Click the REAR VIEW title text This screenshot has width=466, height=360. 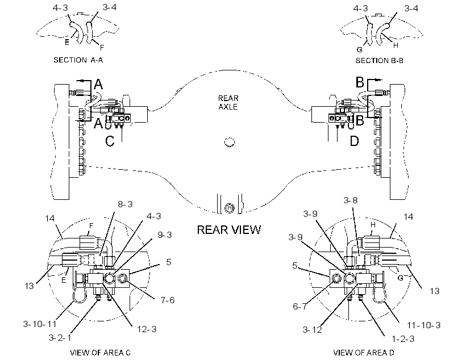(x=229, y=229)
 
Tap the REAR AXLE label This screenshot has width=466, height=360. (x=228, y=102)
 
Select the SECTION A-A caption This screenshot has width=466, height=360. (x=78, y=60)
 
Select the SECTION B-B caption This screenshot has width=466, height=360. (x=380, y=61)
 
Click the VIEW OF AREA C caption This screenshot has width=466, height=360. (x=100, y=353)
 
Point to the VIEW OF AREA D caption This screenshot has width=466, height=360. (x=364, y=353)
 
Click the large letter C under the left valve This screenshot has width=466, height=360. (x=110, y=141)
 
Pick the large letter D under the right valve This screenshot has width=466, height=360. (x=354, y=141)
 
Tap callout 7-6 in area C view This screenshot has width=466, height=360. (x=168, y=300)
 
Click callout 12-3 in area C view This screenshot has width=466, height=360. (x=147, y=329)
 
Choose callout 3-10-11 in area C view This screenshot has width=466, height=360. (x=40, y=324)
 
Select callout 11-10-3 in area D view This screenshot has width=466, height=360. (x=423, y=325)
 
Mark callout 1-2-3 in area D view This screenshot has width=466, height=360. (x=403, y=339)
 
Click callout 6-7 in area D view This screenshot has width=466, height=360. (x=300, y=306)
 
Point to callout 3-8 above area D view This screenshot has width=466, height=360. (x=351, y=200)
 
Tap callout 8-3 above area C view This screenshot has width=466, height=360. (x=125, y=204)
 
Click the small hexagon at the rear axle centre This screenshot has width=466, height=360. (x=229, y=143)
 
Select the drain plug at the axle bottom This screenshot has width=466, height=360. (x=229, y=208)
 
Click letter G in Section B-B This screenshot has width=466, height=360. (x=359, y=49)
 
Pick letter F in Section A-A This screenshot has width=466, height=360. (x=102, y=47)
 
